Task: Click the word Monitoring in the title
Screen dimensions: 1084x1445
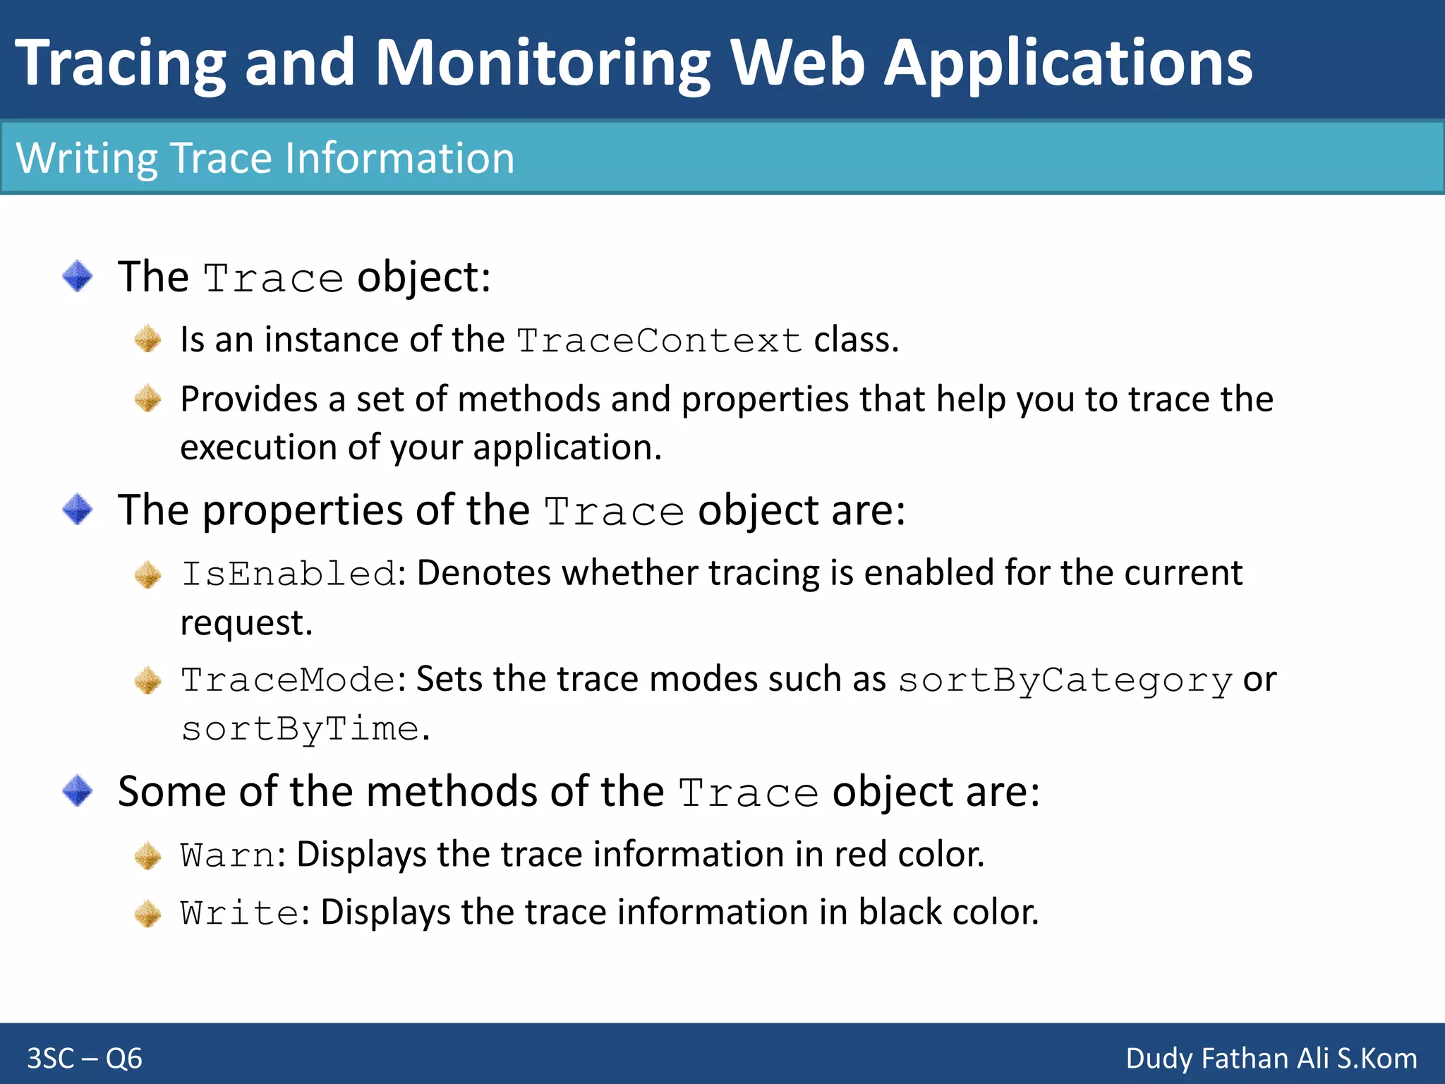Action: pos(542,64)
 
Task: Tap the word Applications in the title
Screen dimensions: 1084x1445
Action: pos(1068,64)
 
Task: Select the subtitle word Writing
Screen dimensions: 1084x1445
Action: pos(87,158)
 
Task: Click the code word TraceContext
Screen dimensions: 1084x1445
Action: pos(659,341)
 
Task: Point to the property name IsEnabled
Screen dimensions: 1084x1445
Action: pos(289,573)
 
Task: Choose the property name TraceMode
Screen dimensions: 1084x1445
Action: pos(288,680)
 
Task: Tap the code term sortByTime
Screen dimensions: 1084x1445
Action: pos(301,729)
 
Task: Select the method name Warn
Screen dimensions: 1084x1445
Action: pos(227,855)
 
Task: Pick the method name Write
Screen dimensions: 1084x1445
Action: pos(239,913)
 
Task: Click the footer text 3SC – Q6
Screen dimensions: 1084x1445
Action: pos(85,1059)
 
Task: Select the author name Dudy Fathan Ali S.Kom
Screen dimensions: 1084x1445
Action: pos(1271,1059)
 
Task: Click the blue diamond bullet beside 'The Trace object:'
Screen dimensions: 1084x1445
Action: pos(78,276)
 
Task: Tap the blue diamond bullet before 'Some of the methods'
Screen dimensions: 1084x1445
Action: pos(78,790)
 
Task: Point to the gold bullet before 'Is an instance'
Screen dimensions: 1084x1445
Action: pos(148,339)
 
